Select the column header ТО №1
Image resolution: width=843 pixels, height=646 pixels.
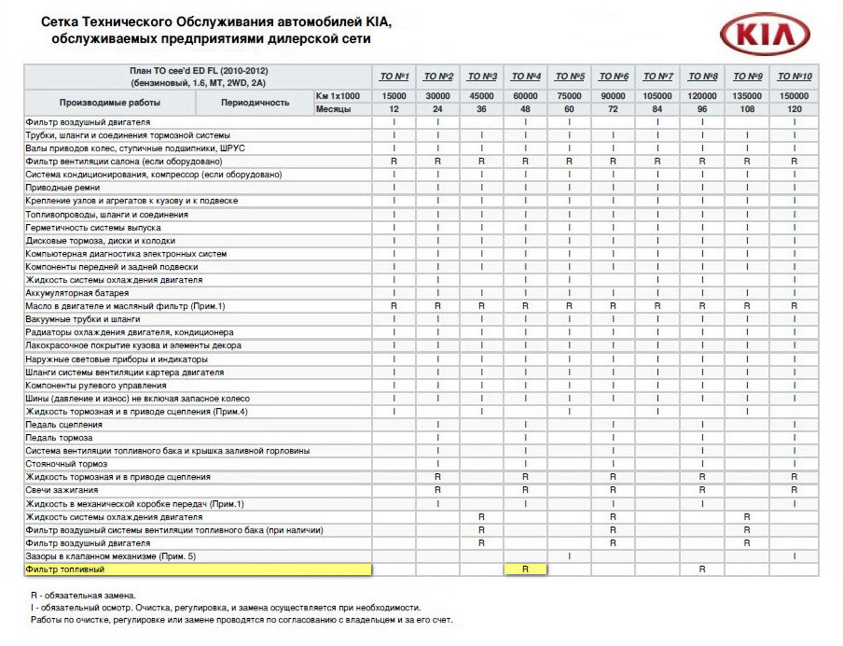[x=394, y=76]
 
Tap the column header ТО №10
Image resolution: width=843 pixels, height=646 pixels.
[x=794, y=76]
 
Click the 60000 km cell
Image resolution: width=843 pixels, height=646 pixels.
[x=526, y=95]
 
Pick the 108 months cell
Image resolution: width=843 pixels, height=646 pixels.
[x=748, y=109]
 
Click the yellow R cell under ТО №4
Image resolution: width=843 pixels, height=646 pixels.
[x=526, y=569]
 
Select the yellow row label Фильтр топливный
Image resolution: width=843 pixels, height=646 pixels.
[x=65, y=569]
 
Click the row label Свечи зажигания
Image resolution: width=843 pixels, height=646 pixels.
[x=62, y=490]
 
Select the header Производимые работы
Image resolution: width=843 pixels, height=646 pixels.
[x=110, y=102]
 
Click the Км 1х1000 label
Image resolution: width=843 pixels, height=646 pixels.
[x=338, y=95]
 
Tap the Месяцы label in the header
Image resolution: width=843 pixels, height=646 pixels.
[x=333, y=109]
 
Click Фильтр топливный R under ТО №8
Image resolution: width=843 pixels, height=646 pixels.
[x=702, y=569]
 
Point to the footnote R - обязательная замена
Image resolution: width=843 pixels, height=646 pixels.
[x=84, y=595]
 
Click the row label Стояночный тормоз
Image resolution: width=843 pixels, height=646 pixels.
[x=67, y=464]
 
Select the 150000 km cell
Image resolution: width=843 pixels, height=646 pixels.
[x=794, y=95]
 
